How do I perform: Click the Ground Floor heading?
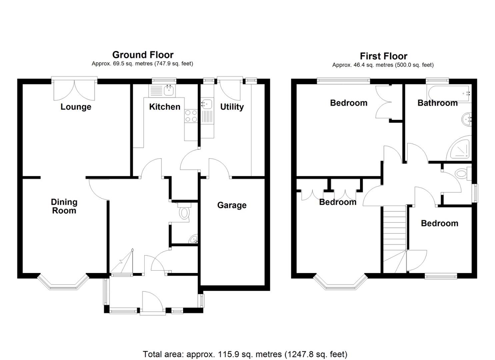pyautogui.click(x=143, y=55)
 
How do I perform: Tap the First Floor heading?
pyautogui.click(x=383, y=56)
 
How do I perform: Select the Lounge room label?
pyautogui.click(x=76, y=107)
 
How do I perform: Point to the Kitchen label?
pyautogui.click(x=165, y=107)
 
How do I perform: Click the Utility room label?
pyautogui.click(x=232, y=107)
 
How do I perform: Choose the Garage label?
pyautogui.click(x=232, y=205)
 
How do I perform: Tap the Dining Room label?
pyautogui.click(x=64, y=206)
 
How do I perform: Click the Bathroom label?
pyautogui.click(x=437, y=103)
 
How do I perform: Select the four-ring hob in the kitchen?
pyautogui.click(x=191, y=116)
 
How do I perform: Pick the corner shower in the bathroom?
pyautogui.click(x=460, y=149)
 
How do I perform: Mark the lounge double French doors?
pyautogui.click(x=74, y=89)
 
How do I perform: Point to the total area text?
pyautogui.click(x=245, y=354)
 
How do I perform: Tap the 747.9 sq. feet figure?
pyautogui.click(x=174, y=63)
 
